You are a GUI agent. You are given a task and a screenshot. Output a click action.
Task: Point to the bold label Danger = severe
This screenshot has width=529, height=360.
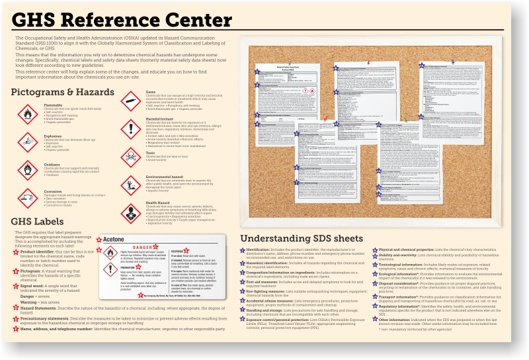pyautogui.click(x=36, y=296)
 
